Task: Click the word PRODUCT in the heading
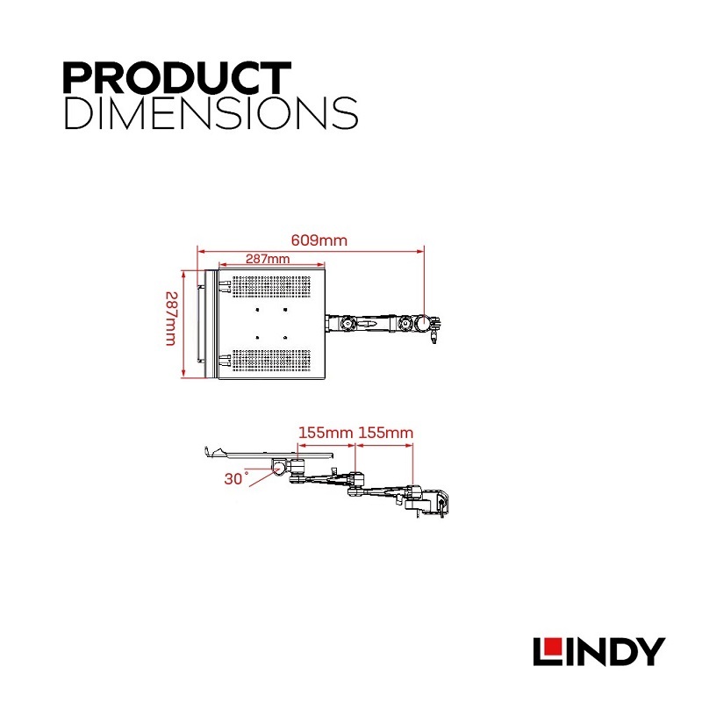(176, 78)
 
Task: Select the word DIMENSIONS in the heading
(211, 113)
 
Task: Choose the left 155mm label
(326, 433)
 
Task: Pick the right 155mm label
(386, 433)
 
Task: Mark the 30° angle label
(235, 479)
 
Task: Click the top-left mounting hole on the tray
(257, 309)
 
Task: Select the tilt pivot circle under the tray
(282, 467)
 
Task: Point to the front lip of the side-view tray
(209, 453)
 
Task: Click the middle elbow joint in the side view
(355, 481)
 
